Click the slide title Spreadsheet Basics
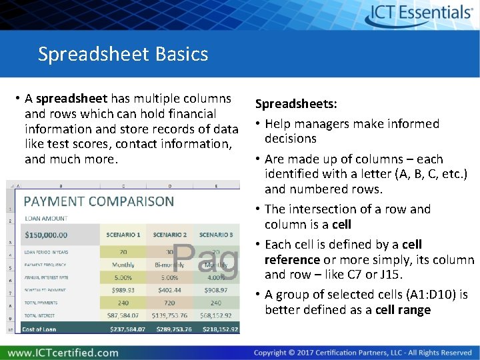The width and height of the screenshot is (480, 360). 123,53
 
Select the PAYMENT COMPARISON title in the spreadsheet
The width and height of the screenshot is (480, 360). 99,201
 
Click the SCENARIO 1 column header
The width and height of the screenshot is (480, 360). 123,235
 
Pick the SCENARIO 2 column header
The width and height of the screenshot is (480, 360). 170,235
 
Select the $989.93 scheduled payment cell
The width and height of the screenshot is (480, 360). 123,290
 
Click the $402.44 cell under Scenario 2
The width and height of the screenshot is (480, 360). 170,290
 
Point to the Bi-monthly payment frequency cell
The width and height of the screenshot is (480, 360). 170,265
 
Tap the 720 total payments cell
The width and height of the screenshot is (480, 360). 170,303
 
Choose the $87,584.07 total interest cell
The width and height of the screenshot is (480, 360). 123,315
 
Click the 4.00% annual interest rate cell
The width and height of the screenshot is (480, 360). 216,277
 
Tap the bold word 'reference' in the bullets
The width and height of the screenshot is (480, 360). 292,259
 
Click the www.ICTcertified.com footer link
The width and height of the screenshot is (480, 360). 63,352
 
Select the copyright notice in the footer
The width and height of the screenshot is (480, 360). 363,352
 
